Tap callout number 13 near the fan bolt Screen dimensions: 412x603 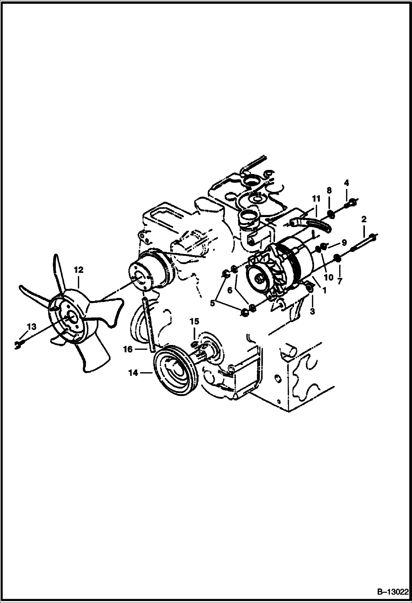[32, 327]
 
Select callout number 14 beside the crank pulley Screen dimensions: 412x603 [133, 373]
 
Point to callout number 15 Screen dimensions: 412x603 [194, 321]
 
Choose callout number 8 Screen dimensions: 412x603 [329, 190]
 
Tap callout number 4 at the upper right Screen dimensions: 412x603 [347, 183]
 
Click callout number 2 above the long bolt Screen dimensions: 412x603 [364, 219]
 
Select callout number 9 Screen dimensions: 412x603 [344, 242]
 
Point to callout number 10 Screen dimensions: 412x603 [329, 277]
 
